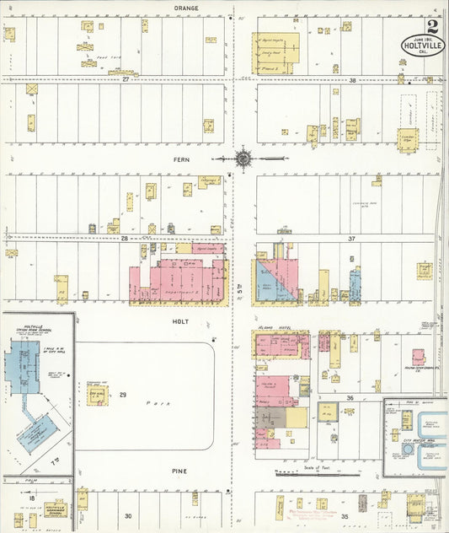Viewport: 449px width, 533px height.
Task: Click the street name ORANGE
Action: (x=186, y=8)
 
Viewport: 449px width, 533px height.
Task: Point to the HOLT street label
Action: (x=181, y=321)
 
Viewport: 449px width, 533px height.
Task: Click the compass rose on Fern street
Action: (x=243, y=157)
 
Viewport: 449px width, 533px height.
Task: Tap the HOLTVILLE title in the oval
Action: (x=422, y=43)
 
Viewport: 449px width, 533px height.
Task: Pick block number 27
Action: (x=125, y=78)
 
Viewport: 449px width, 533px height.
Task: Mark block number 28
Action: (x=125, y=239)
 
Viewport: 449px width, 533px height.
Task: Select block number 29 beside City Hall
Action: (x=122, y=395)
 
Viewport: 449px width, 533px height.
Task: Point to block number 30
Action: (x=128, y=515)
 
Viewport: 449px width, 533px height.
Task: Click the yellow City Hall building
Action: (x=96, y=395)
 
